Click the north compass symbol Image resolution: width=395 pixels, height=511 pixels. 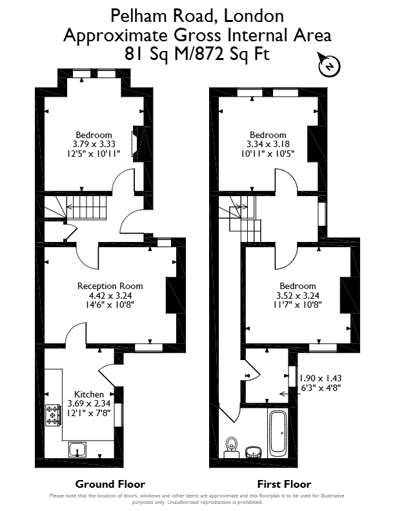coord(329,65)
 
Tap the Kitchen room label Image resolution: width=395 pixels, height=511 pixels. coord(89,394)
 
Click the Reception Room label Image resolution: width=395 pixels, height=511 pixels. coord(110,286)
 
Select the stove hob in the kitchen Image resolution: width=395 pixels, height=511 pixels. coord(53,416)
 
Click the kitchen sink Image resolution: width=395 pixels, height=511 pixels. coord(77,450)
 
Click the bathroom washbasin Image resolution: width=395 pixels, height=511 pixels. coord(254,452)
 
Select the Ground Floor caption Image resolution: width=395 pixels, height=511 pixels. coord(110,485)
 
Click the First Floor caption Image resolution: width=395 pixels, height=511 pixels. coord(284,485)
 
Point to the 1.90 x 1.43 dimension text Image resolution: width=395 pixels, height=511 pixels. coord(320,378)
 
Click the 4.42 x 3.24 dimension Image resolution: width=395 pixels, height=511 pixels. coord(110,296)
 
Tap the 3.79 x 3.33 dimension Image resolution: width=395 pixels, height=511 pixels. coord(94,144)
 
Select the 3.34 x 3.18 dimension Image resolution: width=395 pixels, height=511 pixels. coord(268,144)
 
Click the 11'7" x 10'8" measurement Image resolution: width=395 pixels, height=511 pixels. coord(298,305)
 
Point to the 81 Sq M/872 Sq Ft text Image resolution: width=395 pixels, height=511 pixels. coord(197,54)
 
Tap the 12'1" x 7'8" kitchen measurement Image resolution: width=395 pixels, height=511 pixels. coord(89,412)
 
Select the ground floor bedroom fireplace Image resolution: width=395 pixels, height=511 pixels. coord(137,143)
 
